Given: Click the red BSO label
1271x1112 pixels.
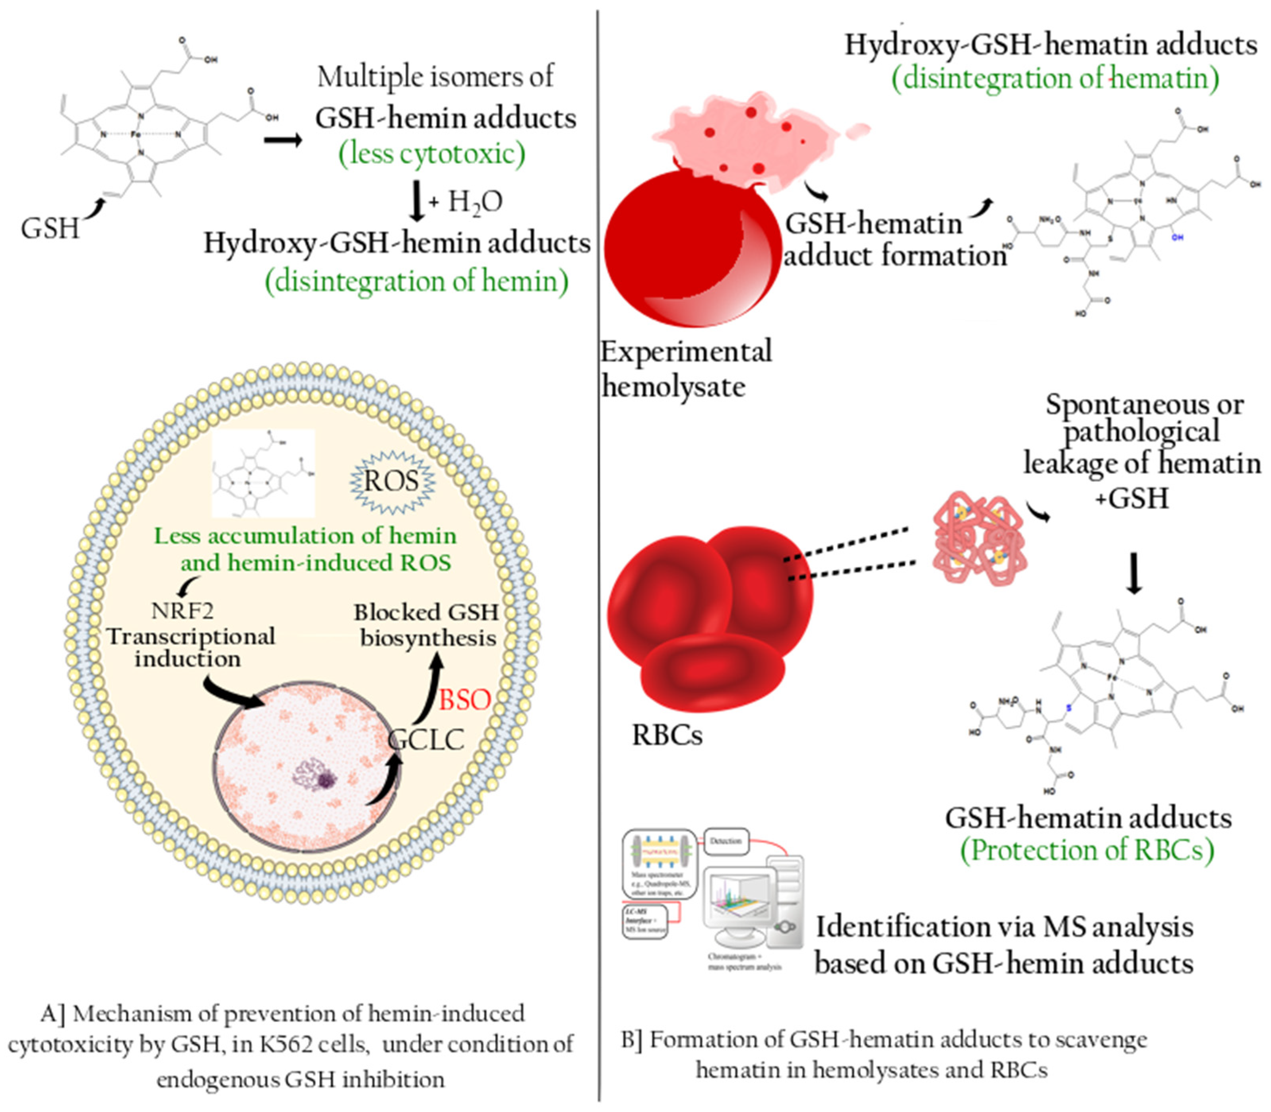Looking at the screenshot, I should [464, 700].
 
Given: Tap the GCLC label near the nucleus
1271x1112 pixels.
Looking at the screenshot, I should [426, 740].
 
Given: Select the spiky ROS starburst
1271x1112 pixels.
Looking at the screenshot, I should [392, 482].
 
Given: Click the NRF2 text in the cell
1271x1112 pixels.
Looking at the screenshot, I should [182, 611].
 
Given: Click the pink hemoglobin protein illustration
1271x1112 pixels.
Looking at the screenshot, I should [979, 538].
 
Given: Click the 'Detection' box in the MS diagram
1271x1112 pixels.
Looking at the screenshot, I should [726, 841].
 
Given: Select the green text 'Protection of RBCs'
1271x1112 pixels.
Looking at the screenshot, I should [1087, 850].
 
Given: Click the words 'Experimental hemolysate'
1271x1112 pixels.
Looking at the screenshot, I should [686, 369].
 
